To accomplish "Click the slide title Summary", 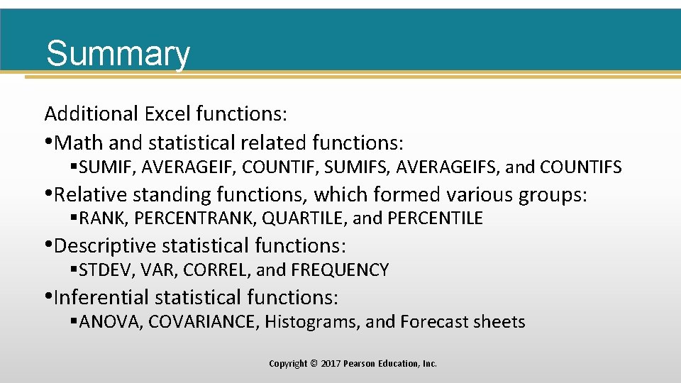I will pyautogui.click(x=118, y=54).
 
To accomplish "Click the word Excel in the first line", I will pyautogui.click(x=168, y=113).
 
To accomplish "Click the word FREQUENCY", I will pyautogui.click(x=340, y=270).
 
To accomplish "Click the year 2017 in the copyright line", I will pyautogui.click(x=331, y=364).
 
